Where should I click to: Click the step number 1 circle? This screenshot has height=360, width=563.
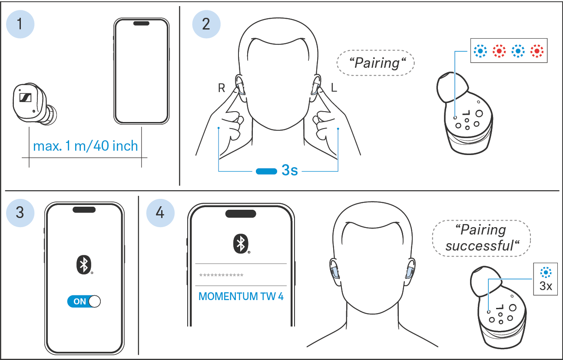20,24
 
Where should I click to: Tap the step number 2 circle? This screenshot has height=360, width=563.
206,24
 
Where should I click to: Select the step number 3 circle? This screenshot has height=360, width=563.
20,213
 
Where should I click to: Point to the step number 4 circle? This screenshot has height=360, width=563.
160,213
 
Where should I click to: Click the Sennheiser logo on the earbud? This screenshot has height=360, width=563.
25,97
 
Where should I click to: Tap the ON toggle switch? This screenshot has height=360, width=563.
84,301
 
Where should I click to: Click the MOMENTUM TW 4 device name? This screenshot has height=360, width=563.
241,297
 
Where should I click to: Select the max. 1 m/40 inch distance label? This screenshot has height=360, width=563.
86,146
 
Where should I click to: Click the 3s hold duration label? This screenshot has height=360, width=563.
290,170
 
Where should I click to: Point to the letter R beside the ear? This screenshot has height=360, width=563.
222,88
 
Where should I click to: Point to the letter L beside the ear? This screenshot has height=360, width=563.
334,88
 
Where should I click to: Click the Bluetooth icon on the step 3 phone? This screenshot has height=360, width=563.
84,265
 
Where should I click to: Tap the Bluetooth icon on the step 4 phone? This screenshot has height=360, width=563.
241,244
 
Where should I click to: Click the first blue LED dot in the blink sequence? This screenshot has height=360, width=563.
480,51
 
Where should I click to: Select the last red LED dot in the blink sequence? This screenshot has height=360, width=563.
537,51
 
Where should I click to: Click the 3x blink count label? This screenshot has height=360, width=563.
546,286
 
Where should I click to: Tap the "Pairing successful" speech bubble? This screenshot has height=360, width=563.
481,238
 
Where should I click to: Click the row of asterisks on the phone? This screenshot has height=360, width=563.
221,275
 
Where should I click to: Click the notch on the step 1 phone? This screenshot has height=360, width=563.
141,23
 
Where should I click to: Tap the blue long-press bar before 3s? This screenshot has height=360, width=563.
266,172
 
